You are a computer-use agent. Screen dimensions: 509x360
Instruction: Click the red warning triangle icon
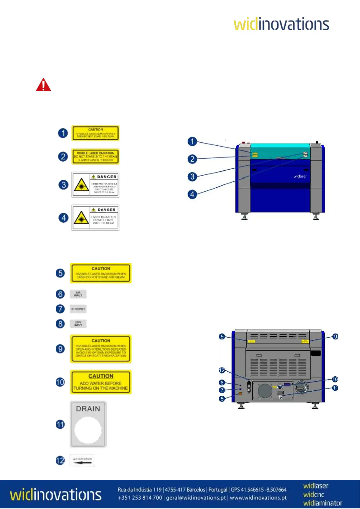[44, 85]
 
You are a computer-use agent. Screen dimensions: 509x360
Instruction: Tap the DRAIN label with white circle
[88, 424]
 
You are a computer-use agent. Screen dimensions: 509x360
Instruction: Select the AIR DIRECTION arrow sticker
[82, 460]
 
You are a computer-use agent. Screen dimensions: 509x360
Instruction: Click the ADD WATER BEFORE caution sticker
[101, 382]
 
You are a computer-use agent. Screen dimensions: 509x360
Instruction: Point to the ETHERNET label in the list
[78, 309]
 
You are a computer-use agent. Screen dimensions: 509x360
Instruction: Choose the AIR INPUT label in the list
[78, 294]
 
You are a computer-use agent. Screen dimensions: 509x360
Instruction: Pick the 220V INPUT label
[78, 324]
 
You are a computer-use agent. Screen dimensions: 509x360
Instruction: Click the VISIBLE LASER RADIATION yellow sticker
[95, 157]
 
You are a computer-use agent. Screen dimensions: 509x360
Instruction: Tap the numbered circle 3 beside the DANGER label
[63, 185]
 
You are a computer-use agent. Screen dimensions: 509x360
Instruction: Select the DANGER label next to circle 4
[95, 218]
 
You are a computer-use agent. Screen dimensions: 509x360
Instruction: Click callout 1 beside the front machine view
[192, 141]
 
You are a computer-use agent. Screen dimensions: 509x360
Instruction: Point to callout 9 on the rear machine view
[335, 336]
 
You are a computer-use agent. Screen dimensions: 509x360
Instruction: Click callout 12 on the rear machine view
[222, 370]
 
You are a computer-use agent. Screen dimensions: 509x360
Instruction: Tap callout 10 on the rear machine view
[335, 379]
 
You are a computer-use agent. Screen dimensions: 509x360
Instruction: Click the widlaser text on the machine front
[300, 177]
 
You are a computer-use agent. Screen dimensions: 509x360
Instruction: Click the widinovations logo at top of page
[281, 24]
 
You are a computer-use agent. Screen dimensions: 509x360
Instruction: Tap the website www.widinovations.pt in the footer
[258, 498]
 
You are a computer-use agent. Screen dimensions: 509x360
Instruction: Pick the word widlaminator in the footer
[323, 503]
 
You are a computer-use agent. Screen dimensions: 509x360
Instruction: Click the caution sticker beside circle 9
[101, 349]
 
